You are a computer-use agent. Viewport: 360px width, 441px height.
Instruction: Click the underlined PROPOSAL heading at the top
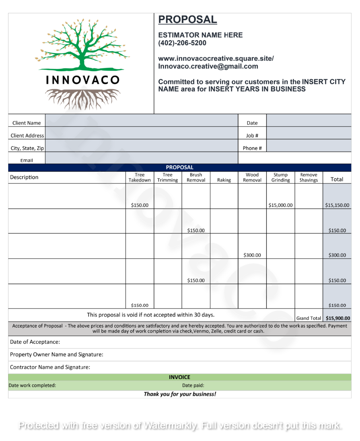187,19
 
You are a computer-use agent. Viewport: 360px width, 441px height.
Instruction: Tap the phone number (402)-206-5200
182,43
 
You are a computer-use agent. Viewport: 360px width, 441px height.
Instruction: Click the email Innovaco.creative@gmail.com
208,66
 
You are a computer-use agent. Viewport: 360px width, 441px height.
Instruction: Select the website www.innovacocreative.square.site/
216,59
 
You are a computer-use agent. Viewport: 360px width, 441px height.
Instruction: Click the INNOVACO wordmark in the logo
83,80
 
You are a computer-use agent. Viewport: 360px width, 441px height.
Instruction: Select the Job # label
252,136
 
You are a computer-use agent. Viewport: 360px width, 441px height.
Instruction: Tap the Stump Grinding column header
280,177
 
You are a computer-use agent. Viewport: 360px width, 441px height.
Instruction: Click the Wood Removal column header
252,177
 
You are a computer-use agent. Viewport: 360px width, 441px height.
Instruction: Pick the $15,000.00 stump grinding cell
280,205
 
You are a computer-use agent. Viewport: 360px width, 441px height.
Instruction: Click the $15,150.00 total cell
337,205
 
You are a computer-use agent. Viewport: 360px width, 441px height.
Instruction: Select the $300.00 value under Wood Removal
252,255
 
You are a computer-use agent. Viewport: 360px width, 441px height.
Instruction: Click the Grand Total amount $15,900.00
338,318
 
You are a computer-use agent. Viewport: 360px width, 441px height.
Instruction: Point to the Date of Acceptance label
35,342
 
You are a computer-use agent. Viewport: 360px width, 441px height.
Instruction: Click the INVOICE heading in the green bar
179,377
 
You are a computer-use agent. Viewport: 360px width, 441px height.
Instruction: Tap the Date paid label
193,385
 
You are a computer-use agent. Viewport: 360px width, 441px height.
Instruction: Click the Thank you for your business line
180,394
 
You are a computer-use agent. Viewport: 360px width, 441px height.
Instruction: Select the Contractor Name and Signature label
50,367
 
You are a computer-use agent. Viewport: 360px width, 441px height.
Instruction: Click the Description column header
24,177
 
